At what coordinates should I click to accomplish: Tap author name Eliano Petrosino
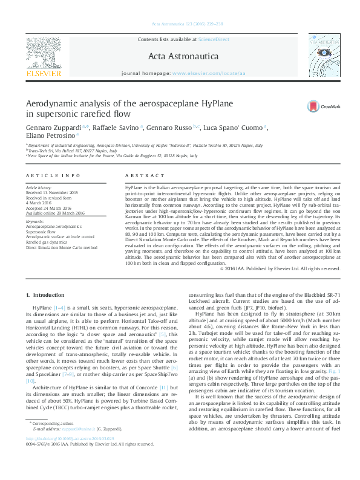[x=51, y=137]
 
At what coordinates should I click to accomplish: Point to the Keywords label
[x=35, y=221]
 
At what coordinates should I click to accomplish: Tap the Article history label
[x=39, y=188]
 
